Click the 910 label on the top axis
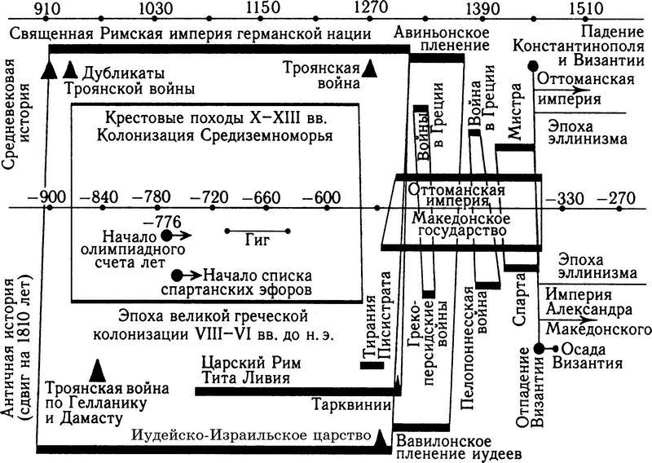pyautogui.click(x=47, y=8)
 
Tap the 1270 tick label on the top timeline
pyautogui.click(x=371, y=7)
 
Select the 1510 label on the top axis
pyautogui.click(x=586, y=8)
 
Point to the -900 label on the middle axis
pyautogui.click(x=48, y=196)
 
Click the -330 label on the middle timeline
pyautogui.click(x=566, y=198)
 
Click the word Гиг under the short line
pyautogui.click(x=258, y=240)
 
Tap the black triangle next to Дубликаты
pyautogui.click(x=71, y=69)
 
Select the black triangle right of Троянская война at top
pyautogui.click(x=369, y=68)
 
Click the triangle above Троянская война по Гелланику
pyautogui.click(x=97, y=371)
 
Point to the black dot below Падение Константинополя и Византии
pyautogui.click(x=532, y=66)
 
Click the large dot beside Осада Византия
pyautogui.click(x=539, y=349)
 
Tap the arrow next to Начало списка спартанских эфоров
pyautogui.click(x=192, y=275)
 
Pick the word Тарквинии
pyautogui.click(x=352, y=404)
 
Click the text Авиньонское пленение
pyautogui.click(x=442, y=38)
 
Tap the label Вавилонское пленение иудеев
pyautogui.click(x=457, y=447)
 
